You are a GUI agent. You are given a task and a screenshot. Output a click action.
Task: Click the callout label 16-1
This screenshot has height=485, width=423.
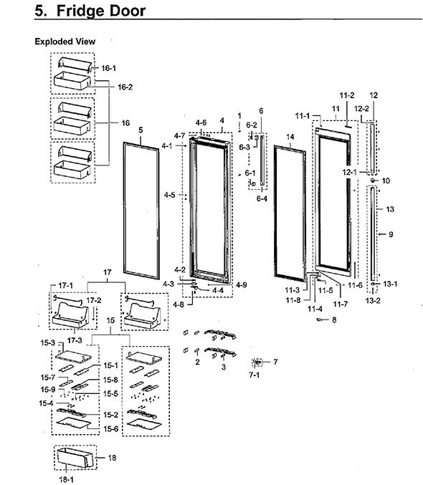pyautogui.click(x=108, y=68)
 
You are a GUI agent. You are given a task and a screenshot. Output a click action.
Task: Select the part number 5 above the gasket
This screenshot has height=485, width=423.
pyautogui.click(x=141, y=130)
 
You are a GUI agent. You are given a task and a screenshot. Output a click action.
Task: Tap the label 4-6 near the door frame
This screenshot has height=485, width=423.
pyautogui.click(x=201, y=123)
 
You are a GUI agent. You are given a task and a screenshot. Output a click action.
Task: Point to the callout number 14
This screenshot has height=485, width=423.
pyautogui.click(x=290, y=137)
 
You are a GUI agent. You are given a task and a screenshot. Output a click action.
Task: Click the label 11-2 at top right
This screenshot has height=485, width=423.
pyautogui.click(x=347, y=95)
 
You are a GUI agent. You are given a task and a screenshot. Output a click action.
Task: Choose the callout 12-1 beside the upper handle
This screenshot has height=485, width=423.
pyautogui.click(x=350, y=172)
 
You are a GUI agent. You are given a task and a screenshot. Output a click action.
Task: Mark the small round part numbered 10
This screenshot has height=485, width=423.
pyautogui.click(x=373, y=181)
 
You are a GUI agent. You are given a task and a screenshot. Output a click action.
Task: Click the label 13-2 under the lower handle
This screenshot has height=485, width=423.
pyautogui.click(x=373, y=300)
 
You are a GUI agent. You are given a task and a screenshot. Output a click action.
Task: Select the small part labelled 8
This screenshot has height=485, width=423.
pyautogui.click(x=320, y=320)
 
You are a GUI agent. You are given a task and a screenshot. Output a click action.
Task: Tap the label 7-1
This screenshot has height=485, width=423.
pyautogui.click(x=254, y=375)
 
